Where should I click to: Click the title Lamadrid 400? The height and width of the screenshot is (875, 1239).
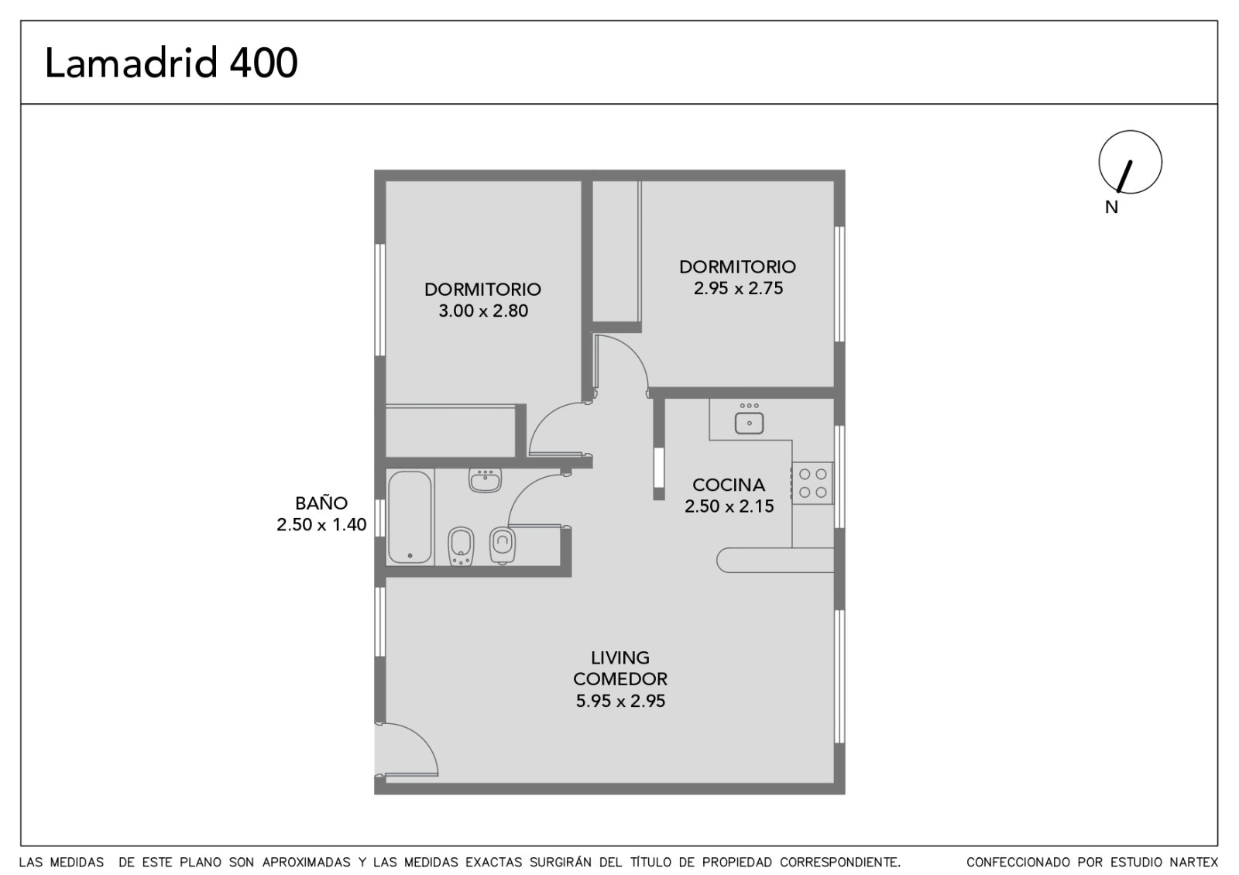[x=171, y=63]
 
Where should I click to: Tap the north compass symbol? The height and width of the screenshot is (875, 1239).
[x=1130, y=162]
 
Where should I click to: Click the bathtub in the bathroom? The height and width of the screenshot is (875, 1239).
[x=410, y=517]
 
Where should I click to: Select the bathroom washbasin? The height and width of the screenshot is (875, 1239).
[x=485, y=479]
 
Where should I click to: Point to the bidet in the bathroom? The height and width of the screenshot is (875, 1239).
[x=461, y=547]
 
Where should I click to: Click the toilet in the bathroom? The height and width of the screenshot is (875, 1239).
[x=503, y=545]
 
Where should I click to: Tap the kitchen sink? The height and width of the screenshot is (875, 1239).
[x=749, y=423]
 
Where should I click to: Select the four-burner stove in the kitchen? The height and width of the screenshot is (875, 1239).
[x=812, y=483]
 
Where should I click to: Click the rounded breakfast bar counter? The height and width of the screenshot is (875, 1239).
[x=775, y=560]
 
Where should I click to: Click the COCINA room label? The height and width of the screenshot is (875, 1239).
[x=729, y=485]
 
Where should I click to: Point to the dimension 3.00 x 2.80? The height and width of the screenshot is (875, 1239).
[x=483, y=311]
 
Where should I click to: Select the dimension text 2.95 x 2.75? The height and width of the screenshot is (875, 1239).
[x=738, y=288]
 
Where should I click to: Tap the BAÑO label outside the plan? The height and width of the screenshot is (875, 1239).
[x=321, y=503]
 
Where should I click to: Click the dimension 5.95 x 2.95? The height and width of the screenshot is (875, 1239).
[x=620, y=701]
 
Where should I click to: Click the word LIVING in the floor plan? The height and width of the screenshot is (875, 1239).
[x=620, y=657]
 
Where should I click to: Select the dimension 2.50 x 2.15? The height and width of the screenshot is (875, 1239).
[x=729, y=506]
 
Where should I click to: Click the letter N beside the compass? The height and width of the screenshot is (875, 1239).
[x=1111, y=207]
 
